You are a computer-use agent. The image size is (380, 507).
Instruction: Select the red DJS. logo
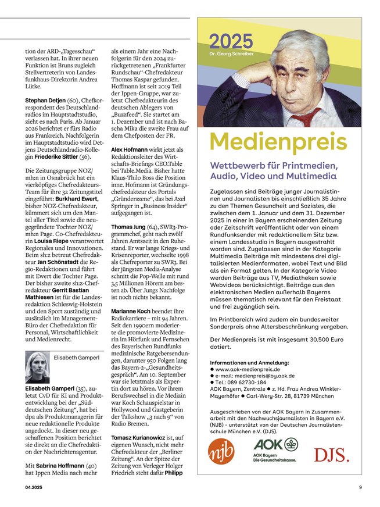click(x=332, y=454)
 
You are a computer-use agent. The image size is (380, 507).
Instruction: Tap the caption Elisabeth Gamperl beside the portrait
click(x=77, y=359)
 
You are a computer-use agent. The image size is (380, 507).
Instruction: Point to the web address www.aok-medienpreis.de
click(x=248, y=369)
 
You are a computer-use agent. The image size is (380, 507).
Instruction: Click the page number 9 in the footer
click(x=360, y=487)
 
